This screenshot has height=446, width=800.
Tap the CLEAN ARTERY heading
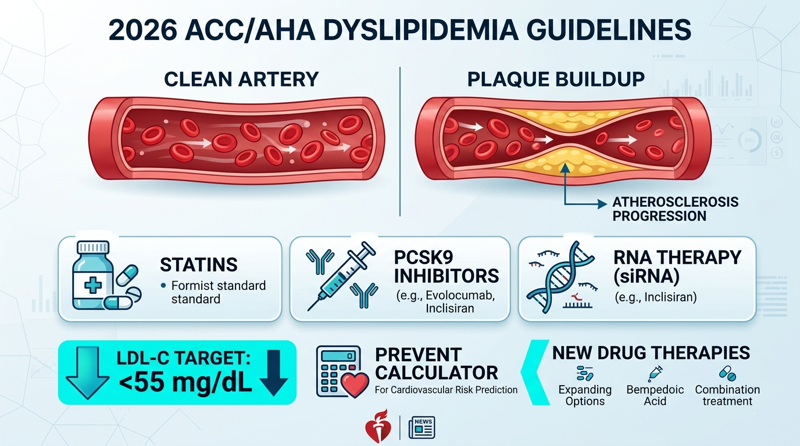point(241,79)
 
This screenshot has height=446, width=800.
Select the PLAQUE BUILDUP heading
point(556,79)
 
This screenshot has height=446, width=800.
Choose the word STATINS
point(198,265)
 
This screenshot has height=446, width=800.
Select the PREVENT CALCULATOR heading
point(436,363)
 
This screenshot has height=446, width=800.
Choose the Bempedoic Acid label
point(655,395)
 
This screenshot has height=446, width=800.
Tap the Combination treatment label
point(727,395)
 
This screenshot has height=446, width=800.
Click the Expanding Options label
point(584,395)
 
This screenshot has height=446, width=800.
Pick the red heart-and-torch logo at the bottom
point(374,430)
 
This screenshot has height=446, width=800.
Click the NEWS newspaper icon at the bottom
point(422,428)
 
